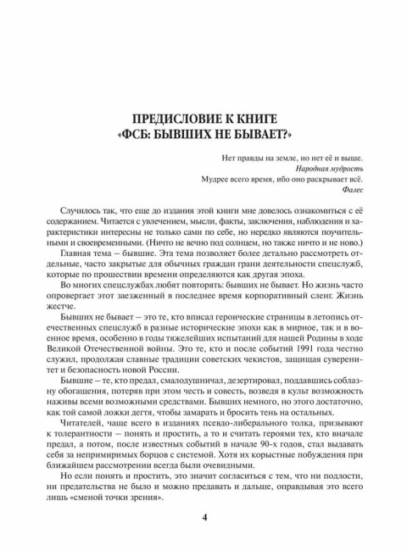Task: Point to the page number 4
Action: click(203, 518)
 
